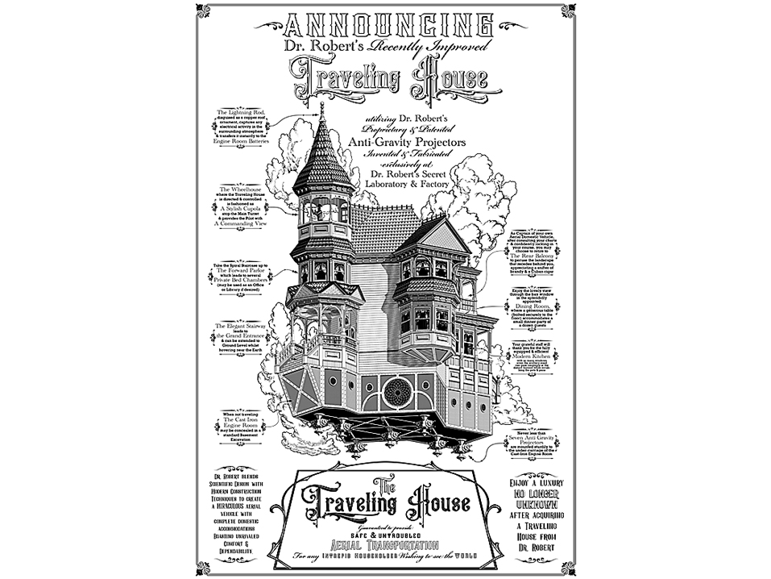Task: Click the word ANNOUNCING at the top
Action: (385, 23)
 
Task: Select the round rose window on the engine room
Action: (397, 392)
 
